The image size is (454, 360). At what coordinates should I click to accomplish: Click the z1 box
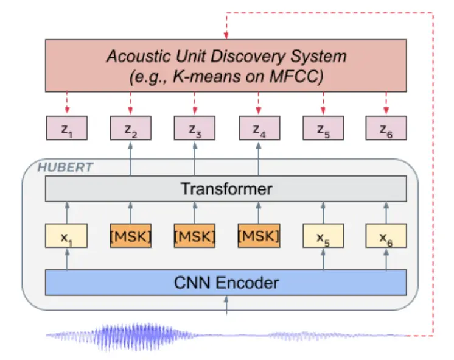(67, 128)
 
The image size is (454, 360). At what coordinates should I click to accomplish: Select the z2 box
(130, 128)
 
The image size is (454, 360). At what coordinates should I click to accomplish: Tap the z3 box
(195, 128)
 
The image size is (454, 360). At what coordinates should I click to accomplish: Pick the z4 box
(259, 128)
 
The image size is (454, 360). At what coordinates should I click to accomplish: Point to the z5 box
(323, 128)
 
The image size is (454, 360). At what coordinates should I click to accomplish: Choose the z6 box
(386, 128)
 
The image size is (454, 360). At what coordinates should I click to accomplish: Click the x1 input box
(67, 236)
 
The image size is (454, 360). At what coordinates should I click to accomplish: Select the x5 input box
(323, 236)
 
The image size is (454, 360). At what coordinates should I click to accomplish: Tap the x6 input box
(386, 236)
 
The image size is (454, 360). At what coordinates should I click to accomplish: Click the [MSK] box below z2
(130, 236)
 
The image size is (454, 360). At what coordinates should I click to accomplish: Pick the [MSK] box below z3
(195, 236)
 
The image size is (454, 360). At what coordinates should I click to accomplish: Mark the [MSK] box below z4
(259, 236)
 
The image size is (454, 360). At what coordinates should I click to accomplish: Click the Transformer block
(226, 189)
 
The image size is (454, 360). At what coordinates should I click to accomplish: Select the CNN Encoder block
(226, 283)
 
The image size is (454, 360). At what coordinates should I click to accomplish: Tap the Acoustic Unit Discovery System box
(226, 66)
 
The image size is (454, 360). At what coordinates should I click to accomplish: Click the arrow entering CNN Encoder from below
(226, 305)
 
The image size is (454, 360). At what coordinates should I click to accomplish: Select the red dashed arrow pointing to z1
(67, 104)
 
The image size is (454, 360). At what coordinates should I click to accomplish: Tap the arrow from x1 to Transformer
(67, 213)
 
